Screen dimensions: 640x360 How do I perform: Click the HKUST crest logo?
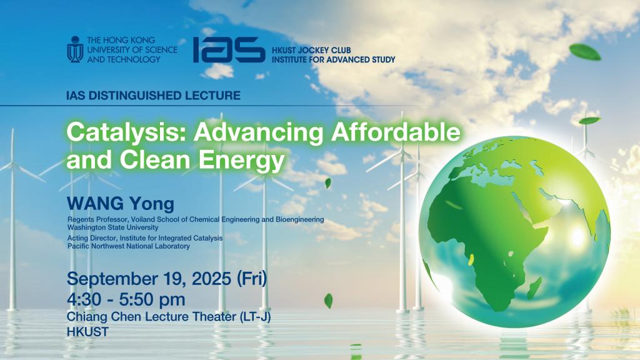coord(75,49)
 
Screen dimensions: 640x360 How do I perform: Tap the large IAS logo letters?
coord(229,50)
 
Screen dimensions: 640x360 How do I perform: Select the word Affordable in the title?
coord(396,132)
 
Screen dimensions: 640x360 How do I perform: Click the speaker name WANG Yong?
coord(121,204)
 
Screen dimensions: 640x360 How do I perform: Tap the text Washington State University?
coord(112,227)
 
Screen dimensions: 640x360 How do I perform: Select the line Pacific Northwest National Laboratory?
coord(129,246)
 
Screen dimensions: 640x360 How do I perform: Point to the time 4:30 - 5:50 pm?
coord(126,299)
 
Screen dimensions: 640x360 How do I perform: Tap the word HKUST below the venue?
coord(87,332)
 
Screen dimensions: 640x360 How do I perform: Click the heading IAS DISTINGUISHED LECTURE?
coord(153,96)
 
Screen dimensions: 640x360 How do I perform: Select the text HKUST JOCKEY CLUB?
coord(311,50)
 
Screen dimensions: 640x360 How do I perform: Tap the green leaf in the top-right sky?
coord(585,52)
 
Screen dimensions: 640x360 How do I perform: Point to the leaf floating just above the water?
coord(328,301)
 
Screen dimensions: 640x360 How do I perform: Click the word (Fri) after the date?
coord(252,279)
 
